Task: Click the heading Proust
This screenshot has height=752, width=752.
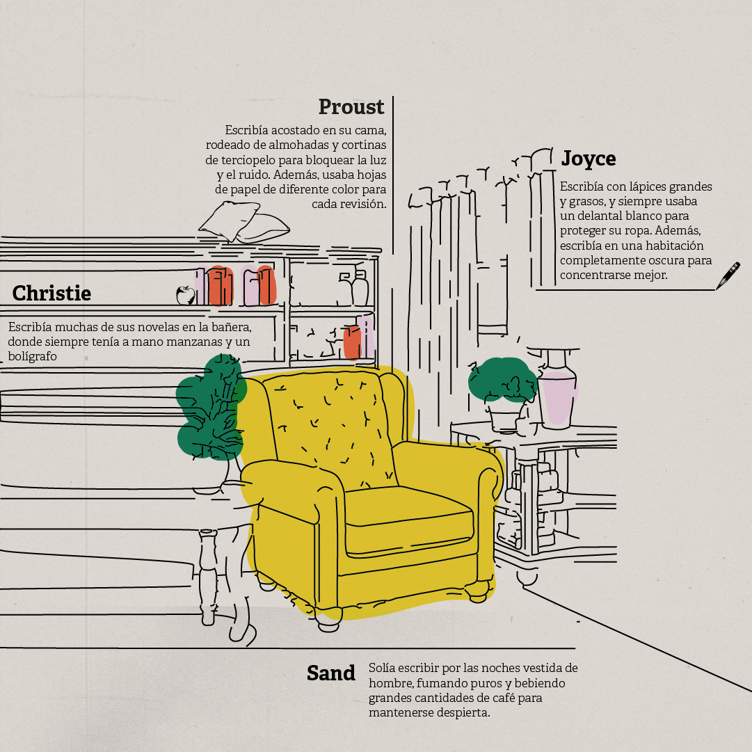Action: (351, 107)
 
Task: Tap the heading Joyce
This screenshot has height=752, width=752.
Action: (589, 159)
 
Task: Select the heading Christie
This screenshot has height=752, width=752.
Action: (51, 293)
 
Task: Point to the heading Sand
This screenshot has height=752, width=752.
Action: (331, 673)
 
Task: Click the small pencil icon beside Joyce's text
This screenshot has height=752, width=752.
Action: (728, 275)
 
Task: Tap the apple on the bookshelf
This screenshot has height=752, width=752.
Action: (185, 295)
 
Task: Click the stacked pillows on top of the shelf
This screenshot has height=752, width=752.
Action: (243, 221)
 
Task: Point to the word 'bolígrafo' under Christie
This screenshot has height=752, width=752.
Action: (33, 356)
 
